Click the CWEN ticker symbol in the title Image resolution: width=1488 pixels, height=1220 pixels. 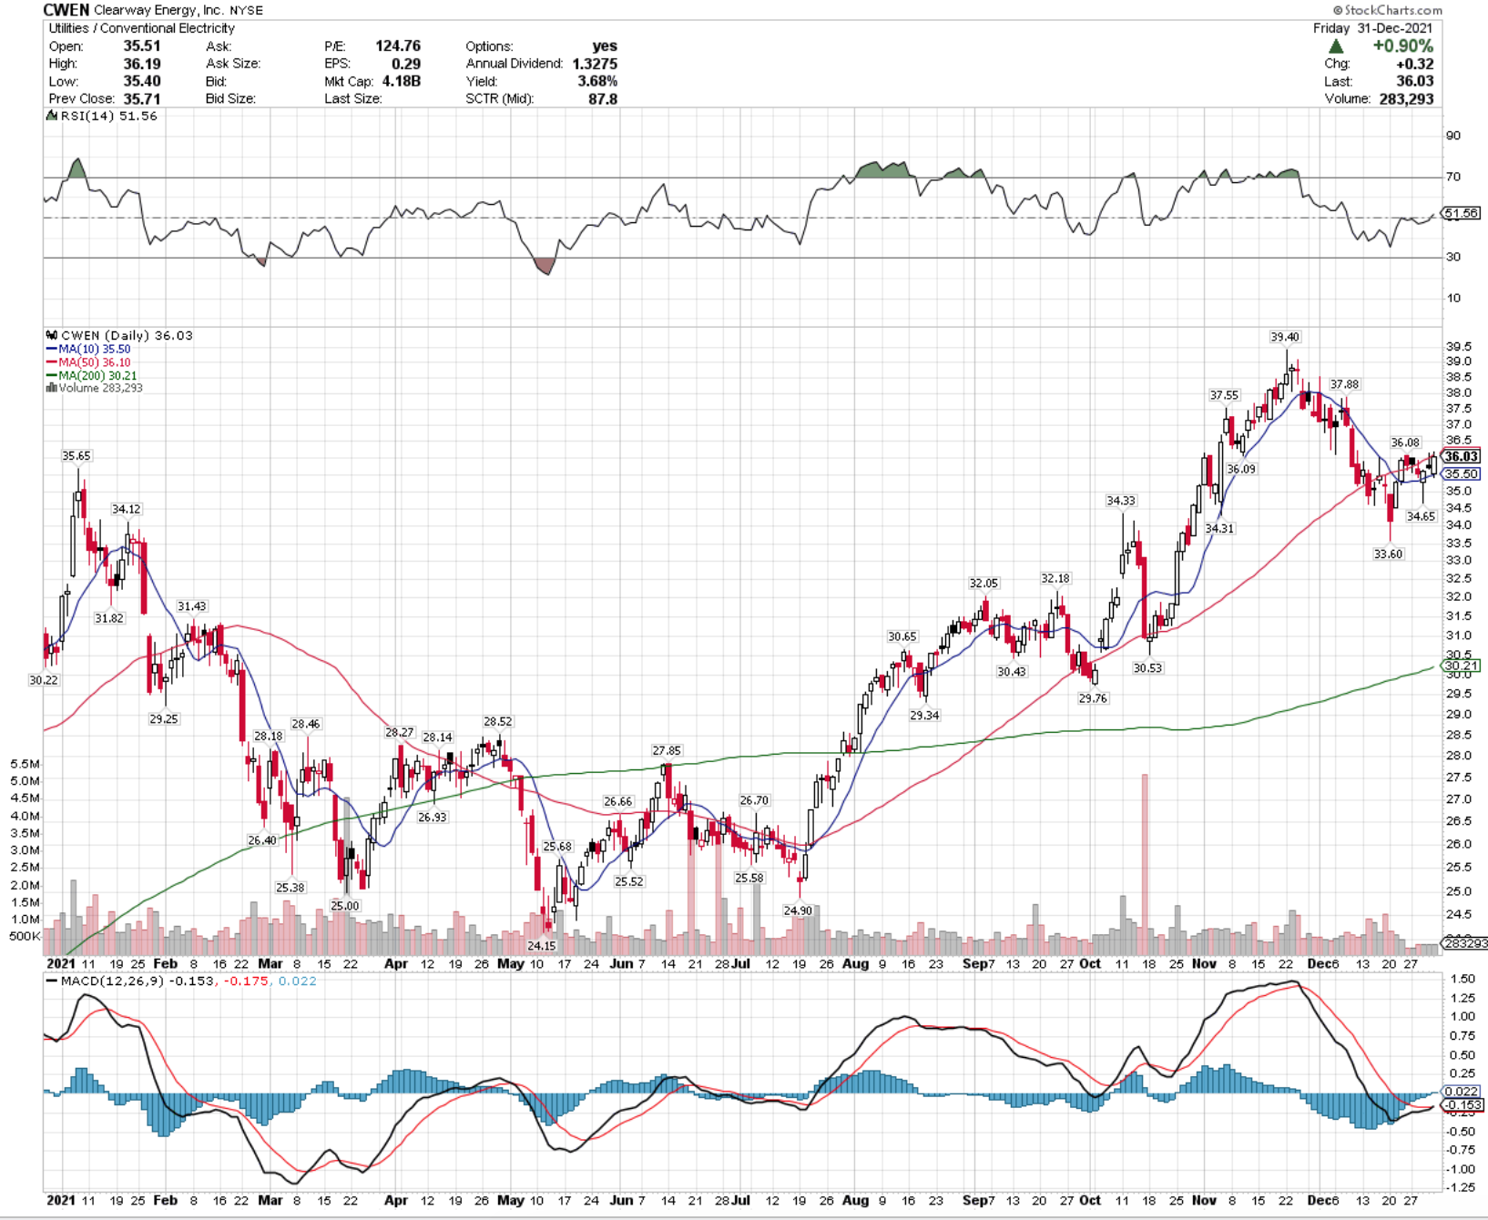66,10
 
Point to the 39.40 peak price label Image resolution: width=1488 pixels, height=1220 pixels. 1285,337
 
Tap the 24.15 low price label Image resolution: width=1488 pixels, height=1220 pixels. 541,946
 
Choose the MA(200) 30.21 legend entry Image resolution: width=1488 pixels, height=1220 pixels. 92,375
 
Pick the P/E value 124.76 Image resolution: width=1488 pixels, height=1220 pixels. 398,46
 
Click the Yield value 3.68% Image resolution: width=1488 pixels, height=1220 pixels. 597,81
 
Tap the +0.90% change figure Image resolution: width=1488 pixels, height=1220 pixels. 1403,46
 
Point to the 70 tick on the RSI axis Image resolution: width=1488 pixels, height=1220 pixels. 1453,177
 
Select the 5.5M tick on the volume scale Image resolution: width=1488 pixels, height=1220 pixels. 25,764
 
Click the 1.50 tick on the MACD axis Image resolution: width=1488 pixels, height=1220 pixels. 1463,979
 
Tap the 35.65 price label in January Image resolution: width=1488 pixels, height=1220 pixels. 76,455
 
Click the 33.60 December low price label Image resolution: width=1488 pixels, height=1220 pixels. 1388,554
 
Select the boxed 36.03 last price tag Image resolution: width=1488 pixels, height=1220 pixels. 1461,456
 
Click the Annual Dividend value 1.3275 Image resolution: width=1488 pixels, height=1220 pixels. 595,64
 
